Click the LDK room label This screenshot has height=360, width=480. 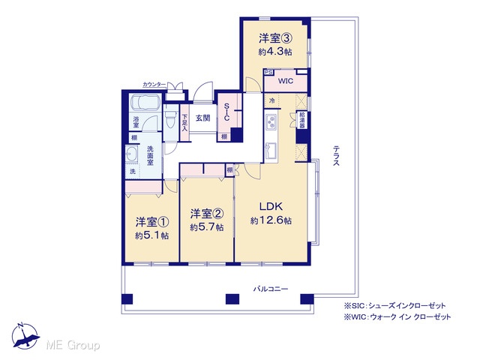(x=271, y=207)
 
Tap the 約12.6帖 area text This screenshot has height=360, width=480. (x=271, y=220)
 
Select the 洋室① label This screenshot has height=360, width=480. (x=152, y=223)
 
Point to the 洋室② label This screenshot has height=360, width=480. (x=207, y=214)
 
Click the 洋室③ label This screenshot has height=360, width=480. (x=274, y=38)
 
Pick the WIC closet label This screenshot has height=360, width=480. (x=285, y=81)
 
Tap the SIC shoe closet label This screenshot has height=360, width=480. (x=226, y=112)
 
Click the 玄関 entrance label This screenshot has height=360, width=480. (x=202, y=118)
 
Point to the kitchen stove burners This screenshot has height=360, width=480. (x=271, y=121)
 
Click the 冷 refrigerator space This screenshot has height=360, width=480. (x=271, y=100)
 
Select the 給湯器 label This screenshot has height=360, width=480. (x=302, y=120)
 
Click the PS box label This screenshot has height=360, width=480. (x=268, y=72)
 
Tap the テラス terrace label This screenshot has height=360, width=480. (x=336, y=155)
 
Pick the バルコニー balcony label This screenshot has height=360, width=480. (x=270, y=289)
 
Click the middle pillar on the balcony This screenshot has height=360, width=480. (x=232, y=299)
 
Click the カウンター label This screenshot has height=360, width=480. (x=154, y=85)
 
